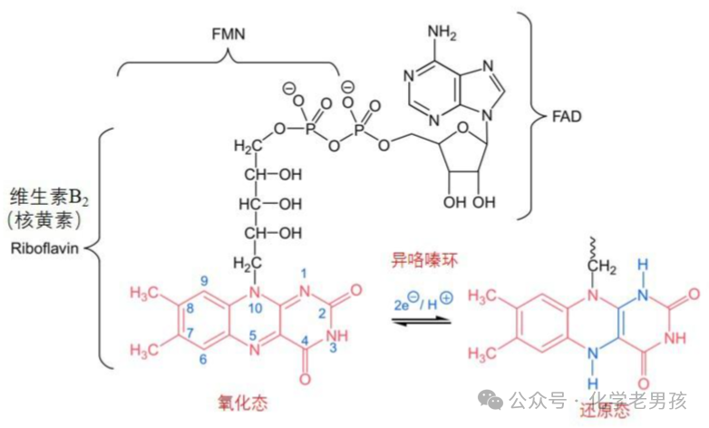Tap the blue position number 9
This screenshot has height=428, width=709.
pyautogui.click(x=205, y=280)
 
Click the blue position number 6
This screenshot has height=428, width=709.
pyautogui.click(x=205, y=360)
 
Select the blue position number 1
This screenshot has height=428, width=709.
pyautogui.click(x=304, y=273)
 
